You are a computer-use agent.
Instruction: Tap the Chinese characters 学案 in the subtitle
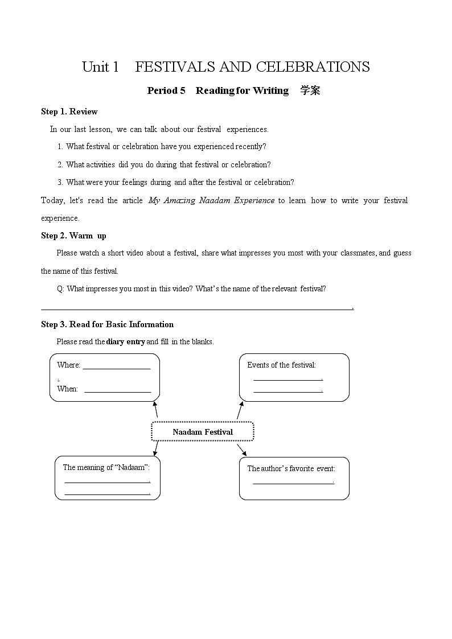pyautogui.click(x=310, y=90)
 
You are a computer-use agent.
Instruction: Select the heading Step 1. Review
pyautogui.click(x=69, y=112)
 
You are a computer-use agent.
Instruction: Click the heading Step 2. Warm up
pyautogui.click(x=73, y=236)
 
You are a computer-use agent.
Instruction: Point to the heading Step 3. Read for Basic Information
pyautogui.click(x=107, y=324)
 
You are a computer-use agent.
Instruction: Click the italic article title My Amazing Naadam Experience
pyautogui.click(x=211, y=200)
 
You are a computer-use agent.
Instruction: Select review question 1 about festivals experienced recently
pyautogui.click(x=162, y=146)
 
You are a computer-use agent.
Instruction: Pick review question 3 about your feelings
pyautogui.click(x=176, y=182)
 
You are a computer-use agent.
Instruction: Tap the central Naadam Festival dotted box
pyautogui.click(x=203, y=432)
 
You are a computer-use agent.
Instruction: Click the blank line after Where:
pyautogui.click(x=117, y=368)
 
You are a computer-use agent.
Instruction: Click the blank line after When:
pyautogui.click(x=117, y=391)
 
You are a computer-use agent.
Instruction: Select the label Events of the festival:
pyautogui.click(x=281, y=365)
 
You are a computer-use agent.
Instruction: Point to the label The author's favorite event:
pyautogui.click(x=291, y=468)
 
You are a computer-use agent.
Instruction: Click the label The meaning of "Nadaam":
pyautogui.click(x=106, y=467)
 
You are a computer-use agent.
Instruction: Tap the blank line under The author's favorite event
pyautogui.click(x=293, y=484)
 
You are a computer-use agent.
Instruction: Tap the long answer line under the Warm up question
pyautogui.click(x=196, y=310)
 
